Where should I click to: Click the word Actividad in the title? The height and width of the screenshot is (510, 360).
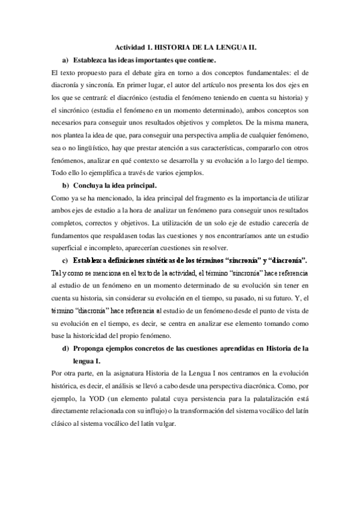click(x=129, y=48)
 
